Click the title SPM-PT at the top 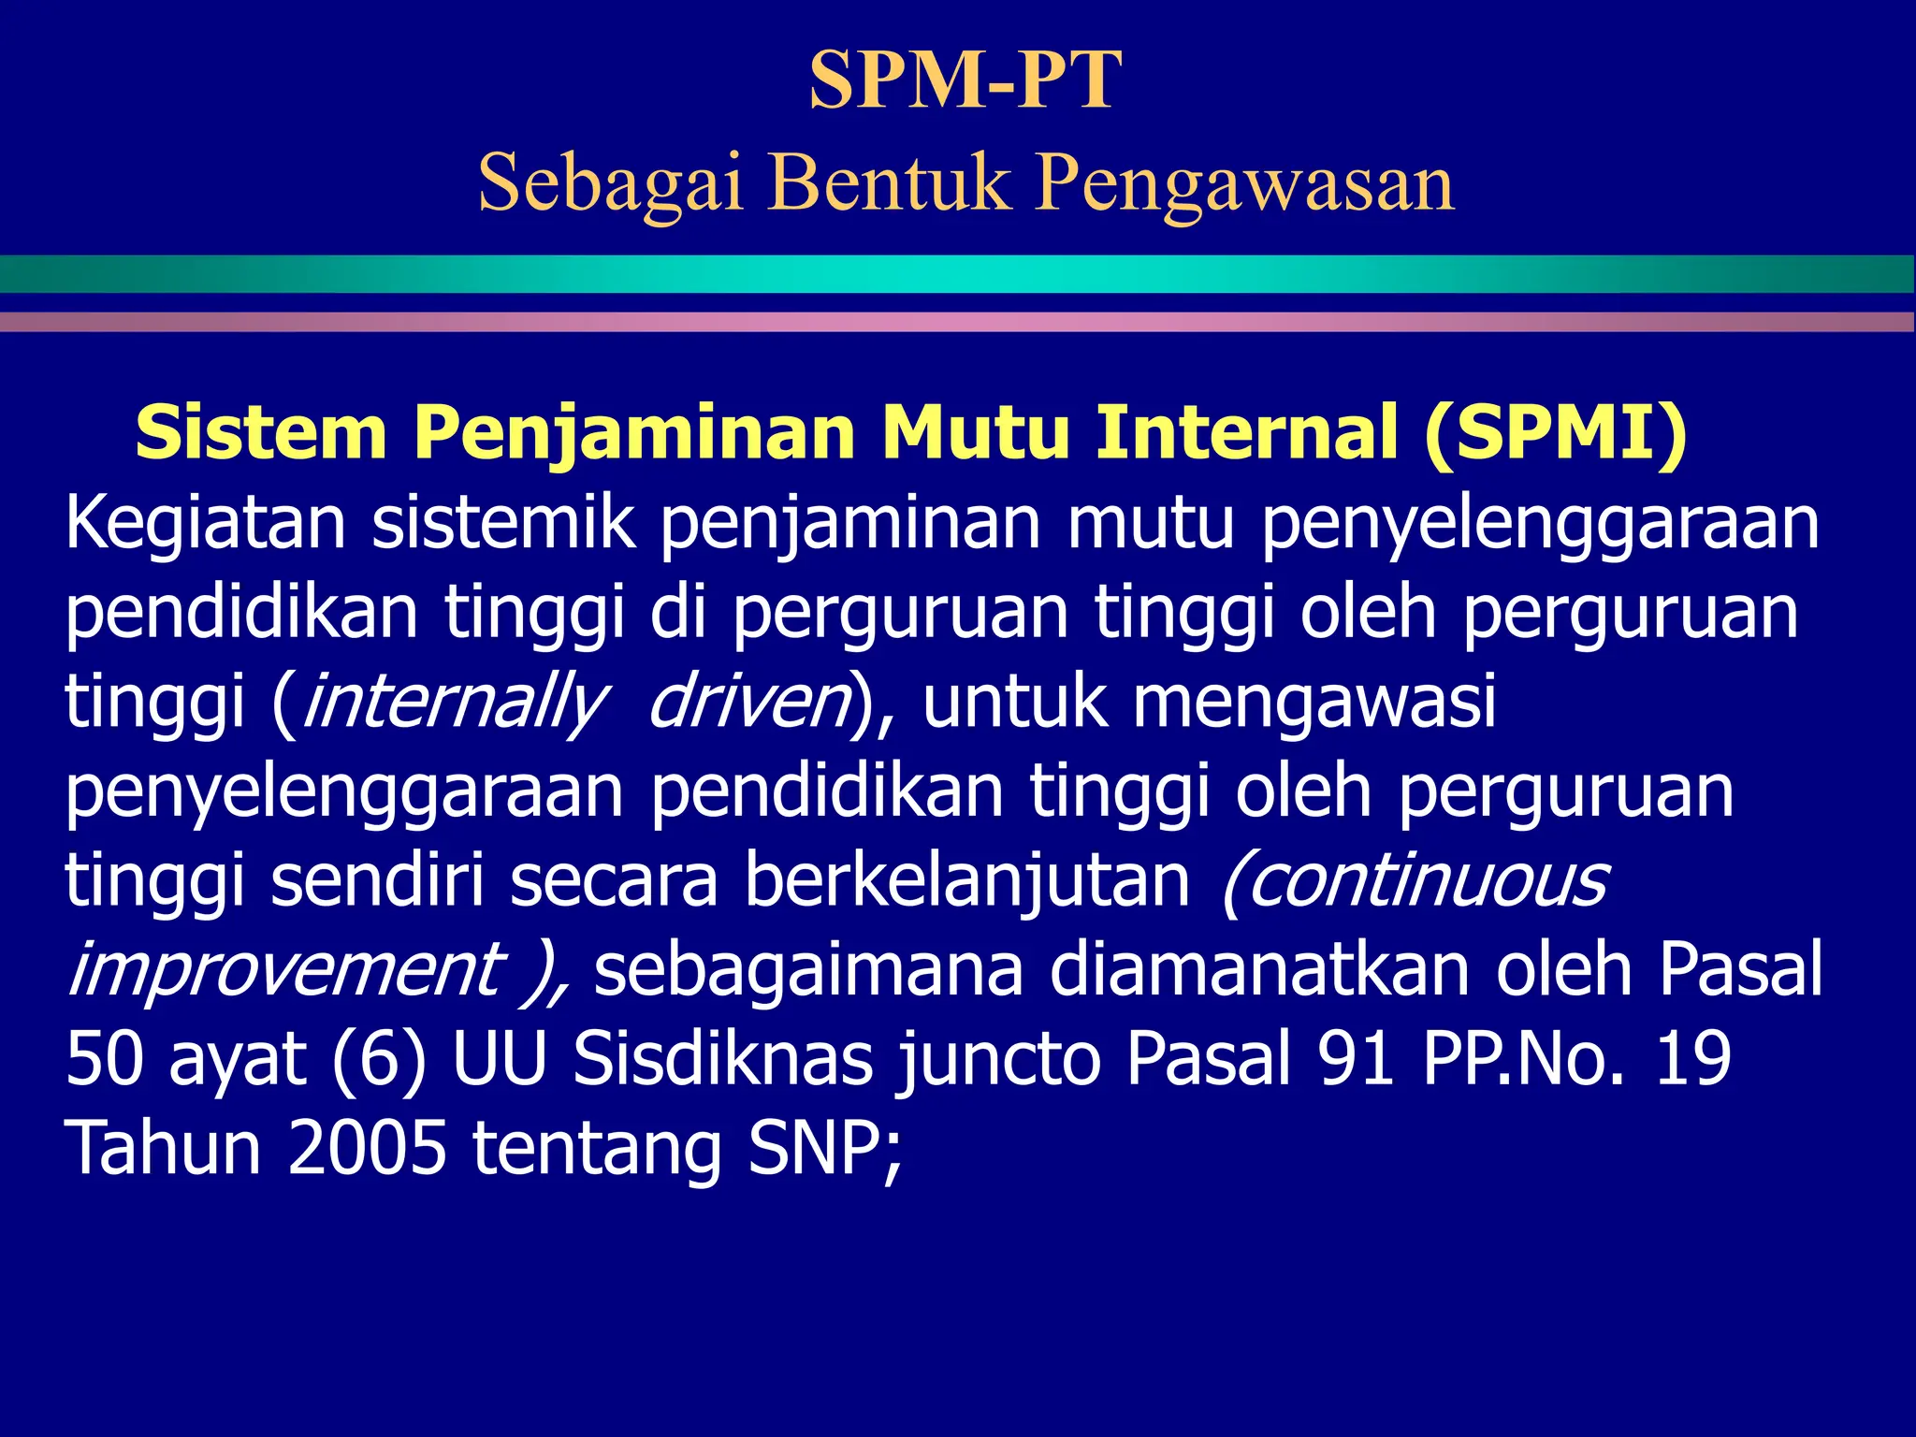pyautogui.click(x=965, y=80)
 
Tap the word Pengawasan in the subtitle pyautogui.click(x=1244, y=181)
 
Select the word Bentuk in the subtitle pyautogui.click(x=890, y=181)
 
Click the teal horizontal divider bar pyautogui.click(x=958, y=273)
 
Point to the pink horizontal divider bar pyautogui.click(x=958, y=322)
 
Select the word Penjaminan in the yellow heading pyautogui.click(x=634, y=432)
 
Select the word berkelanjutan pyautogui.click(x=967, y=881)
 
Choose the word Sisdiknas pyautogui.click(x=722, y=1059)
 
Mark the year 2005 pyautogui.click(x=368, y=1148)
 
